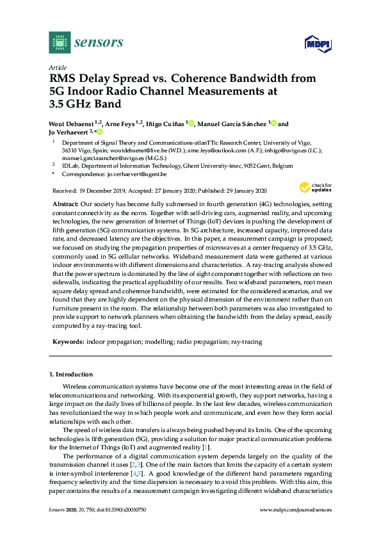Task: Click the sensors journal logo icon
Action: click(x=60, y=43)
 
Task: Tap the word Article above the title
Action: click(x=58, y=67)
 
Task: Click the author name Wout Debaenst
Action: click(x=70, y=124)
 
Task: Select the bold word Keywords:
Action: click(x=68, y=342)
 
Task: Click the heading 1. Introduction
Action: click(x=70, y=374)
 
